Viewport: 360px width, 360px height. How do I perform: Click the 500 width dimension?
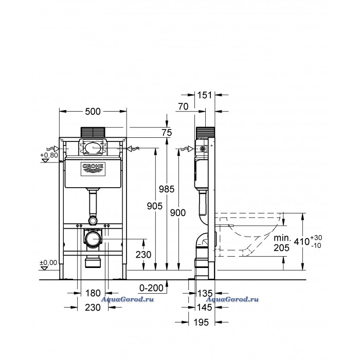[x=93, y=112]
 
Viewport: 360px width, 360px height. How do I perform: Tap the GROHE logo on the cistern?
[x=93, y=170]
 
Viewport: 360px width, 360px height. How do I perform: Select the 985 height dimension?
[x=167, y=189]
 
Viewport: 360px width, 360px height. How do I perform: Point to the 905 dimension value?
[x=155, y=206]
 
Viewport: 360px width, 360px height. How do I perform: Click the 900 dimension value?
[x=178, y=213]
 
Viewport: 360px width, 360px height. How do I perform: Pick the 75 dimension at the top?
[x=167, y=133]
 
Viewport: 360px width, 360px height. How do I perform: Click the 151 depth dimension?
[x=205, y=95]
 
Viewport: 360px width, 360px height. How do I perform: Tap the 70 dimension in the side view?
[x=183, y=106]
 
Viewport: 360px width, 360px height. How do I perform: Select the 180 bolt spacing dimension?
[x=93, y=293]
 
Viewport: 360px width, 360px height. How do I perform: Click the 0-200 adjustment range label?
[x=151, y=288]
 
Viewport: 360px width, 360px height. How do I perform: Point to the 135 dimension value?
[x=205, y=293]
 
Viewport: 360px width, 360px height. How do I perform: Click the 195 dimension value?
[x=201, y=322]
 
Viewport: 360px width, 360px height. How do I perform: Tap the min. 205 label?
[x=282, y=243]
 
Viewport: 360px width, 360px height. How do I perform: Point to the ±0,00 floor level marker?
[x=48, y=262]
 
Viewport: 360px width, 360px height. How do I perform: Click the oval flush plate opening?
[x=93, y=148]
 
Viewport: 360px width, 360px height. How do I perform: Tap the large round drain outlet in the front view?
[x=93, y=239]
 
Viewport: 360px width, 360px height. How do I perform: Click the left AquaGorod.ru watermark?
[x=127, y=299]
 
